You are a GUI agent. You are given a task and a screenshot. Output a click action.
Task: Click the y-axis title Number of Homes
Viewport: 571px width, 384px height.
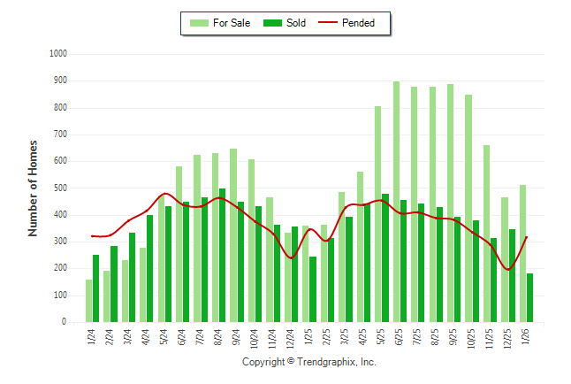pyautogui.click(x=34, y=188)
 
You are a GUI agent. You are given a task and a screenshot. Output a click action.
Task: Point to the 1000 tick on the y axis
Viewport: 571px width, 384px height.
pyautogui.click(x=58, y=54)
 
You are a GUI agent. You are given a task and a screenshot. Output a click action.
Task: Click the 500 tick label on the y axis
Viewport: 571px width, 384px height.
pyautogui.click(x=60, y=188)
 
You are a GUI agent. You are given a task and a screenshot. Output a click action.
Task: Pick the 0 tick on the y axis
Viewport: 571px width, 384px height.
pyautogui.click(x=65, y=322)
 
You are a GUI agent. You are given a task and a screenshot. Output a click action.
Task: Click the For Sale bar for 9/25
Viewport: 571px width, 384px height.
pyautogui.click(x=451, y=204)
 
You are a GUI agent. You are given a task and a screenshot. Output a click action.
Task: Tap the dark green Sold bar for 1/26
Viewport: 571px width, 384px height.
pyautogui.click(x=530, y=298)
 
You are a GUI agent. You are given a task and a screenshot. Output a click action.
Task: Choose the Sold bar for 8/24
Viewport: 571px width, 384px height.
pyautogui.click(x=223, y=256)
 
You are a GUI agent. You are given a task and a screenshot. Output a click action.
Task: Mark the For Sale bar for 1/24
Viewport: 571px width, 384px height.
pyautogui.click(x=88, y=301)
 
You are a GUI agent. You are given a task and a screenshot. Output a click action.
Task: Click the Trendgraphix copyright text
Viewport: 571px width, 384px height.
pyautogui.click(x=309, y=363)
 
